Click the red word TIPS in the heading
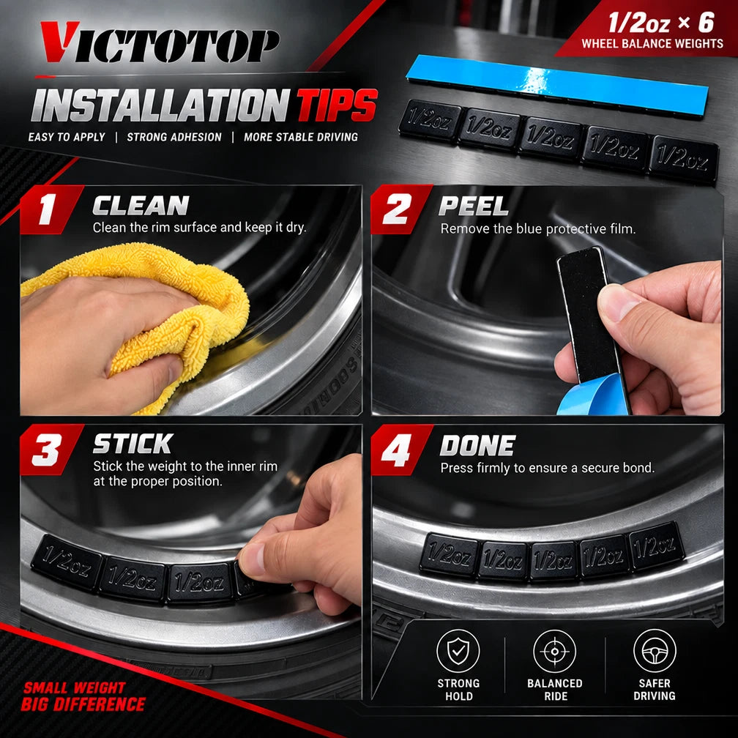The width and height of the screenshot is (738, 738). click(x=337, y=105)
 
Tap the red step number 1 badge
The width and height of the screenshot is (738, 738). click(x=49, y=209)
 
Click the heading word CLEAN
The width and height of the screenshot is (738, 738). click(x=141, y=206)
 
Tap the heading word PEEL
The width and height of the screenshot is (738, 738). click(x=474, y=206)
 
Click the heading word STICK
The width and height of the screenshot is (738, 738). click(x=133, y=444)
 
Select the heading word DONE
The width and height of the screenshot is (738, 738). click(x=477, y=445)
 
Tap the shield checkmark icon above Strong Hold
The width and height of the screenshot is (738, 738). click(x=458, y=652)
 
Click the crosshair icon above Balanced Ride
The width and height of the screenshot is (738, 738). click(x=555, y=652)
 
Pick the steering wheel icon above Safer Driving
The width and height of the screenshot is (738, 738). click(x=655, y=651)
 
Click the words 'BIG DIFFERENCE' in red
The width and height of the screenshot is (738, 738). click(x=83, y=704)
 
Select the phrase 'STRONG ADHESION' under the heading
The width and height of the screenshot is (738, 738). click(x=174, y=137)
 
